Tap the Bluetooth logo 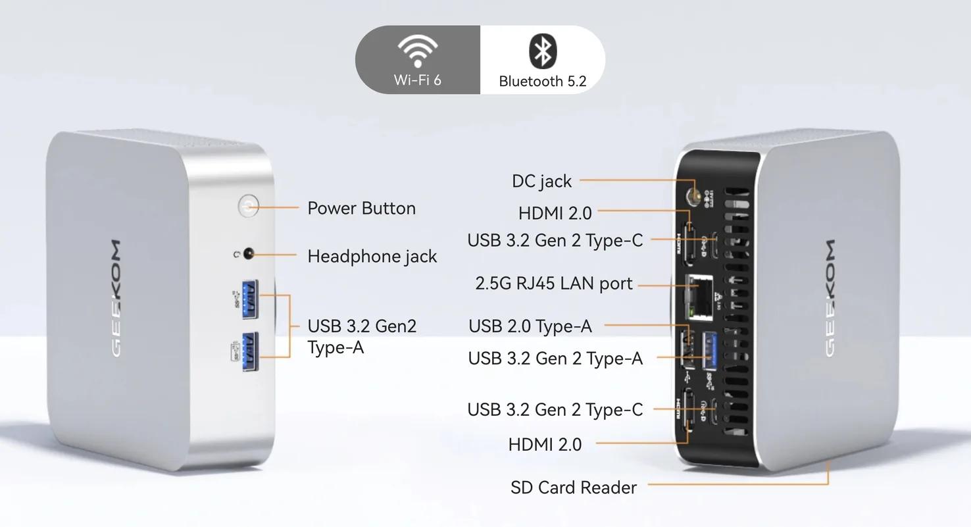point(543,51)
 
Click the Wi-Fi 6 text point(418,80)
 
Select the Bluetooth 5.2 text point(543,82)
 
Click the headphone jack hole point(249,253)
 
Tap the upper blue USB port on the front point(250,299)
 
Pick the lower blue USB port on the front point(250,351)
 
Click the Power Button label point(362,209)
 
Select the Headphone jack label point(372,257)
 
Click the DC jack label point(541,182)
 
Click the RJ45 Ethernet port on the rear point(699,298)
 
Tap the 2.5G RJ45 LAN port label point(553,284)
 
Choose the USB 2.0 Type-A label point(530,326)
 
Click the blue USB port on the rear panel point(709,351)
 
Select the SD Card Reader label point(574,488)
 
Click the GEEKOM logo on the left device point(116,299)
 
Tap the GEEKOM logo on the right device point(829,298)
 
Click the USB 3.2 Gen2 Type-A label point(362,337)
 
